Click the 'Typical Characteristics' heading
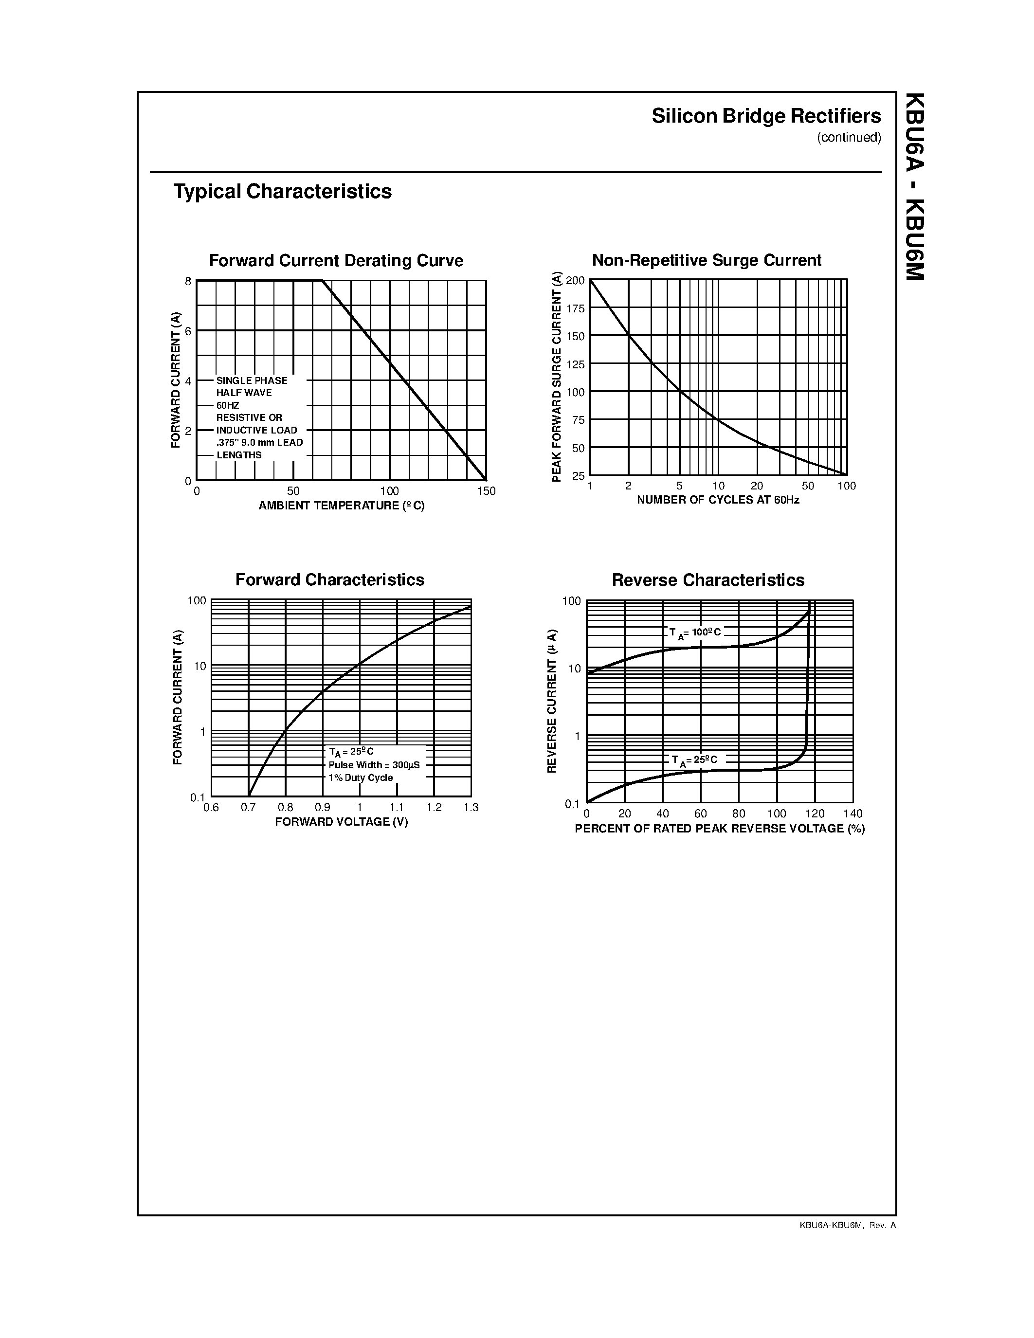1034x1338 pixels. pos(282,191)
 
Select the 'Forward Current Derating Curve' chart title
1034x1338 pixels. pos(336,260)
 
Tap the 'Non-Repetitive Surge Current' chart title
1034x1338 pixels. pos(706,260)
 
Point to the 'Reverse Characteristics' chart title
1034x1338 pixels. pos(708,580)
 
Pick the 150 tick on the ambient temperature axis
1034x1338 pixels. pos(487,491)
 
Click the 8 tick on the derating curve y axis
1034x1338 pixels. pos(188,281)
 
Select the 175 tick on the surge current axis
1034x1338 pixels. pos(575,309)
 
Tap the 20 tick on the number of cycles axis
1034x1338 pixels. pos(757,486)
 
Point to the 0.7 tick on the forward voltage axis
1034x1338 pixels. pos(248,808)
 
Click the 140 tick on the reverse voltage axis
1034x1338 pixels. pos(853,814)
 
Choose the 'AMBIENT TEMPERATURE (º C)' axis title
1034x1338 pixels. pos(341,506)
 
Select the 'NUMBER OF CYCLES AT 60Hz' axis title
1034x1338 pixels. pos(718,500)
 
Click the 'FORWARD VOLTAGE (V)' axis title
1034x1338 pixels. pos(341,822)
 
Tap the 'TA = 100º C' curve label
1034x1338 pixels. pos(695,633)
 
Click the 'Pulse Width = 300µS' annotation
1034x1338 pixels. pos(374,765)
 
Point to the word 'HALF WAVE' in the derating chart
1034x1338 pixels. pos(244,393)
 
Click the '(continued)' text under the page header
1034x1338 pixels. pos(849,137)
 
